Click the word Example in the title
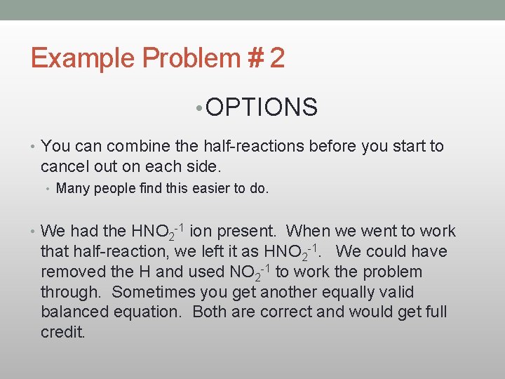click(82, 58)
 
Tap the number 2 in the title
click(276, 58)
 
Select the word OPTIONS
click(262, 107)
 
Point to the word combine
click(127, 146)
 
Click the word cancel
click(65, 166)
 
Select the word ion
click(200, 231)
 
